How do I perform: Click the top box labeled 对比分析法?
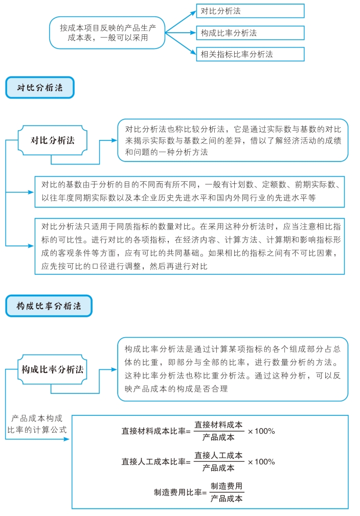pyautogui.click(x=250, y=11)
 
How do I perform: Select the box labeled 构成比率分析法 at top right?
pyautogui.click(x=250, y=33)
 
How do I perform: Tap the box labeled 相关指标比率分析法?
pyautogui.click(x=250, y=54)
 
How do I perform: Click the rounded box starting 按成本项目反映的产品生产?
pyautogui.click(x=107, y=33)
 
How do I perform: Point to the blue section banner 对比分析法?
pyautogui.click(x=40, y=88)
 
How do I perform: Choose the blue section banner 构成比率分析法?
pyautogui.click(x=49, y=306)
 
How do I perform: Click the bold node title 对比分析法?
pyautogui.click(x=53, y=140)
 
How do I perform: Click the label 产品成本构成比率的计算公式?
pyautogui.click(x=37, y=424)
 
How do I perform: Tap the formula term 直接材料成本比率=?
pyautogui.click(x=156, y=431)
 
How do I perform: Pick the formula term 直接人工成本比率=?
pyautogui.click(x=156, y=462)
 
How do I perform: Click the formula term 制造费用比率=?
pyautogui.click(x=181, y=492)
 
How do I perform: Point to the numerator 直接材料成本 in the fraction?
pyautogui.click(x=218, y=425)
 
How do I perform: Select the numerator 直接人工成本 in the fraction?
pyautogui.click(x=218, y=456)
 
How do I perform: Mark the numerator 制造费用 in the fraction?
pyautogui.click(x=227, y=486)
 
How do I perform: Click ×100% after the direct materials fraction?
pyautogui.click(x=261, y=431)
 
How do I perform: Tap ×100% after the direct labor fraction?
pyautogui.click(x=261, y=462)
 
